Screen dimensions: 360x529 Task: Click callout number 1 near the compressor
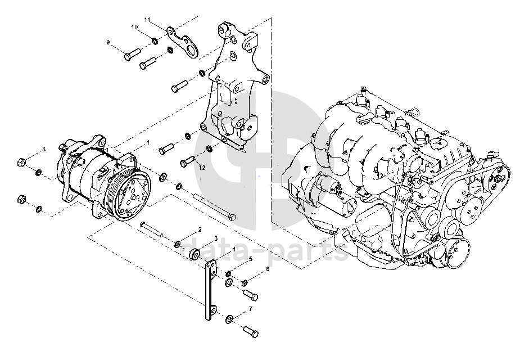pos(148,143)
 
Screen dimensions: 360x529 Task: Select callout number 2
pos(200,231)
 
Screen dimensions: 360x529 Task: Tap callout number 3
pos(215,238)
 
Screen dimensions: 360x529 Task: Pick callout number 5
pos(250,259)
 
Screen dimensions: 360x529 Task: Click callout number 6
pos(268,269)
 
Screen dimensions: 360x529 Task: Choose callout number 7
pos(250,309)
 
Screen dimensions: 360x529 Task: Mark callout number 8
pos(43,149)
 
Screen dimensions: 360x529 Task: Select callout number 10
pos(134,27)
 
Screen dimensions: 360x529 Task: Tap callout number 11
pos(147,20)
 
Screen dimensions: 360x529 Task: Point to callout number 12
pos(202,168)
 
